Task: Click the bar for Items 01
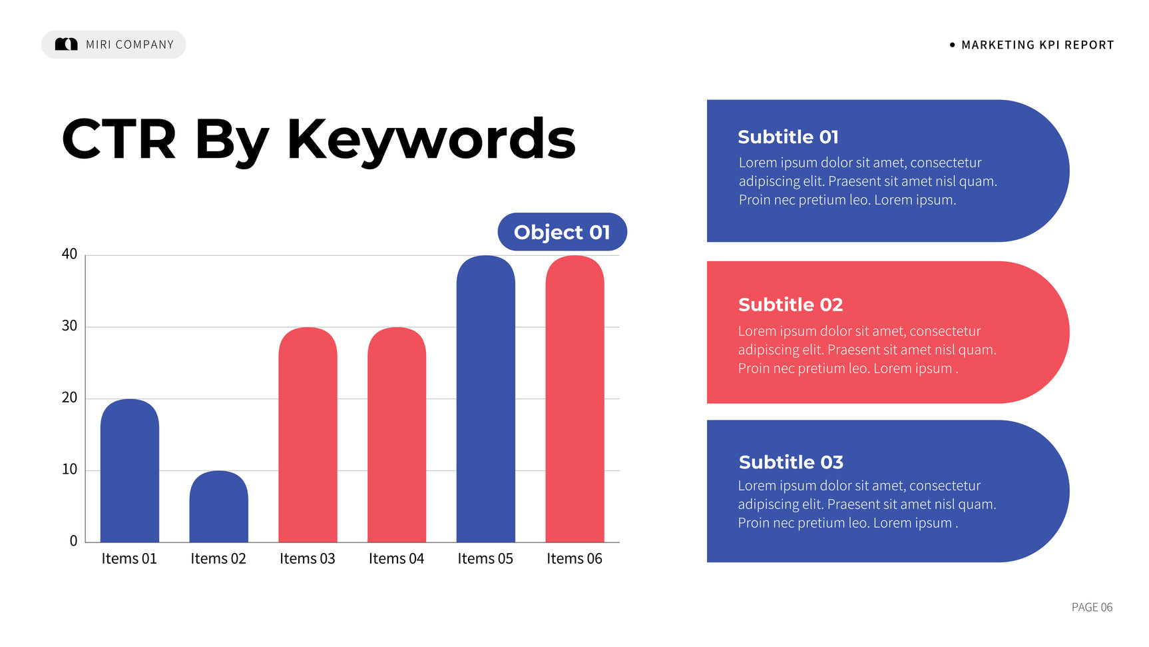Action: [x=130, y=470]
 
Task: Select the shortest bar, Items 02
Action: [x=219, y=506]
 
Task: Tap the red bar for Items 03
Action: [x=308, y=434]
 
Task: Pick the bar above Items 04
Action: [x=397, y=434]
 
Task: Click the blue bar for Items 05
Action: [x=486, y=398]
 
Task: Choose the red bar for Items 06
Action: [x=575, y=398]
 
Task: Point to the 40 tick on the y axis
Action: [x=69, y=254]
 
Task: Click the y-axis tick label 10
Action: [x=69, y=469]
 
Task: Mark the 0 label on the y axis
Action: [x=73, y=541]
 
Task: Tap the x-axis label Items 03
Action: [x=308, y=558]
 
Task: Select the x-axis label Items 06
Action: [x=574, y=558]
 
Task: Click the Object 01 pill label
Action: [x=563, y=232]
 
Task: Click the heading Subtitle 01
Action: [x=788, y=137]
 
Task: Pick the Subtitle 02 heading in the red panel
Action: [x=790, y=305]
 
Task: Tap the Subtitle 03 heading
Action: [x=791, y=462]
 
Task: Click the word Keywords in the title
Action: [x=431, y=140]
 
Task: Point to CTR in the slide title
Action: [x=119, y=139]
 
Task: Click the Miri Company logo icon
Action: [x=66, y=44]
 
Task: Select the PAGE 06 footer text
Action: [x=1092, y=607]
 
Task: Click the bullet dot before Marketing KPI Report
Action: [x=952, y=45]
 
